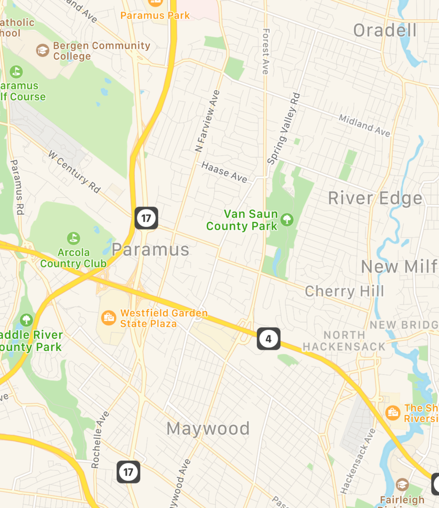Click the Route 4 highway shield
point(269,339)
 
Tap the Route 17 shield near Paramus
point(146,218)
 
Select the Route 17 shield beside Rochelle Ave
point(128,472)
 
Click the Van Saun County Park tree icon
point(287,220)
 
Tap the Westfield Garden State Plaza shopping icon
point(109,318)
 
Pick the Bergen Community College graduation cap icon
point(43,50)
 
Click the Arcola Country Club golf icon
point(74,238)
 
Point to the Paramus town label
point(151,250)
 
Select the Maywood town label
point(208,429)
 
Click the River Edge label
point(375,198)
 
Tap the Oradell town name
point(385,30)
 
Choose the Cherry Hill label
point(344,291)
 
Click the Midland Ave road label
point(364,125)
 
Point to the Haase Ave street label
point(224,172)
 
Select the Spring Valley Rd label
point(284,129)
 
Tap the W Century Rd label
point(75,172)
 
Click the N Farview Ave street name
point(207,121)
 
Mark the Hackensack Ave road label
point(358,461)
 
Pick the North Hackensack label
point(344,341)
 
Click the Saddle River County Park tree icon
point(26,320)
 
